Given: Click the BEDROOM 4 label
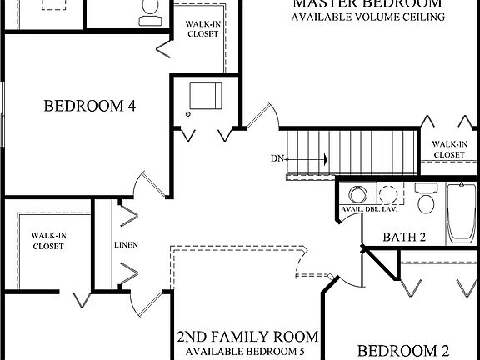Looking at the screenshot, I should click(90, 107).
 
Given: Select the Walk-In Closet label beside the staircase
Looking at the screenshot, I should click(448, 149).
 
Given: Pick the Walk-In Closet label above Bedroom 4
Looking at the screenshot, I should click(202, 30).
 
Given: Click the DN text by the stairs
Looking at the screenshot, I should click(278, 158).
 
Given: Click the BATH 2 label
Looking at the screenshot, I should click(404, 237).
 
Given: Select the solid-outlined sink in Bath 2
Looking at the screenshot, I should click(357, 193).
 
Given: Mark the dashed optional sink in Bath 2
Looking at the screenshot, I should click(388, 195).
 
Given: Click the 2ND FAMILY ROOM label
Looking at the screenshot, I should click(247, 337).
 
